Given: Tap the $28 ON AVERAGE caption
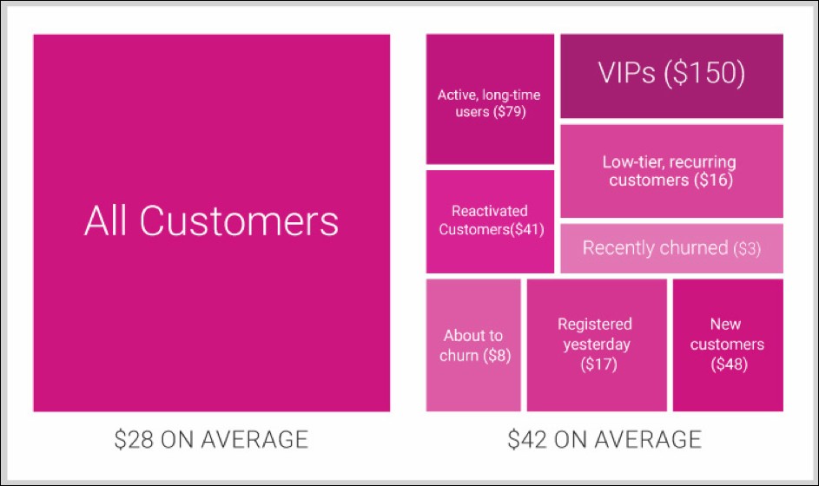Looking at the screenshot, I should [211, 439].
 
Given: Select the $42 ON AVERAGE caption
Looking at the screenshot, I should [604, 439].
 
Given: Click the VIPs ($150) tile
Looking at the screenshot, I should [671, 76].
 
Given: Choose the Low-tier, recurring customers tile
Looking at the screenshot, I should [671, 171].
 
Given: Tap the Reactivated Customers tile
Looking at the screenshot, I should [490, 220].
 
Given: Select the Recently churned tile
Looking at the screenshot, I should [671, 248].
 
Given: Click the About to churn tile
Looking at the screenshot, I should [473, 345].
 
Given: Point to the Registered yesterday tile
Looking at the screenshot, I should [597, 345].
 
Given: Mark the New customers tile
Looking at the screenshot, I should [727, 345].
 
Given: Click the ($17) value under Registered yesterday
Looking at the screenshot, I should [597, 364].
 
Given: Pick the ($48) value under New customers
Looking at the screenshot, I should [727, 364].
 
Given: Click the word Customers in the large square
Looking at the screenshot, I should [240, 221].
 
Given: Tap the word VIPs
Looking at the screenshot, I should [625, 75].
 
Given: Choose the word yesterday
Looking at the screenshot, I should [597, 345].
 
